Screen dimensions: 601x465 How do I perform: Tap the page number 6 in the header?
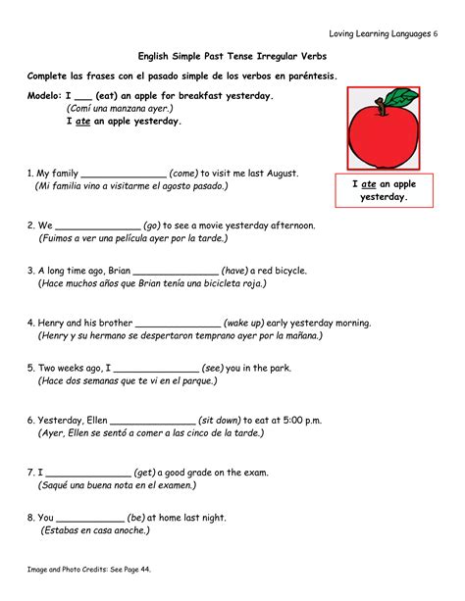pyautogui.click(x=435, y=33)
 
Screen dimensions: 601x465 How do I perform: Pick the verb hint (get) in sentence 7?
pyautogui.click(x=149, y=472)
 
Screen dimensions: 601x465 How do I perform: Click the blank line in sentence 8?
pyautogui.click(x=91, y=517)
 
